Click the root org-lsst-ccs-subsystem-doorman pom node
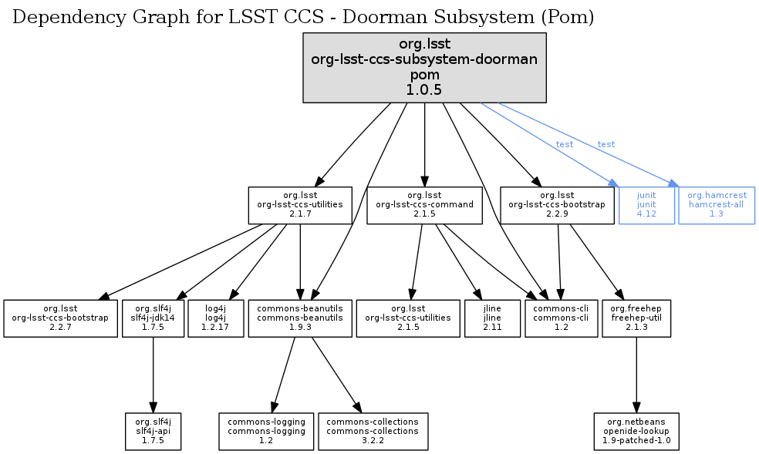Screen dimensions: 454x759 [x=424, y=67]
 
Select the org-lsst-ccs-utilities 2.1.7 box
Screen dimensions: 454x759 [x=300, y=205]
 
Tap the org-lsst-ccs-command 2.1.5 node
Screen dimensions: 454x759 [x=425, y=205]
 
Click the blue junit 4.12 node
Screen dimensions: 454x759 [x=646, y=205]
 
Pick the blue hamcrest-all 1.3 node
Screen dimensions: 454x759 [x=717, y=205]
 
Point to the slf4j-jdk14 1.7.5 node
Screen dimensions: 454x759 [x=153, y=318]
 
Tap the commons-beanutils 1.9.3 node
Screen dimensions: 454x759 [x=300, y=318]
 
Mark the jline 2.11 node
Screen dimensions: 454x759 [x=492, y=318]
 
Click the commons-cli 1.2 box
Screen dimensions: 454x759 [x=562, y=318]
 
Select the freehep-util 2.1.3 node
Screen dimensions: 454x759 [x=636, y=318]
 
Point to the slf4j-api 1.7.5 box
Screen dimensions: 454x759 [x=153, y=431]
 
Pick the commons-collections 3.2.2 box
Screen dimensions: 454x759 [x=373, y=431]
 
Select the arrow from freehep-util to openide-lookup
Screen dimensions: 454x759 [x=636, y=374]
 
